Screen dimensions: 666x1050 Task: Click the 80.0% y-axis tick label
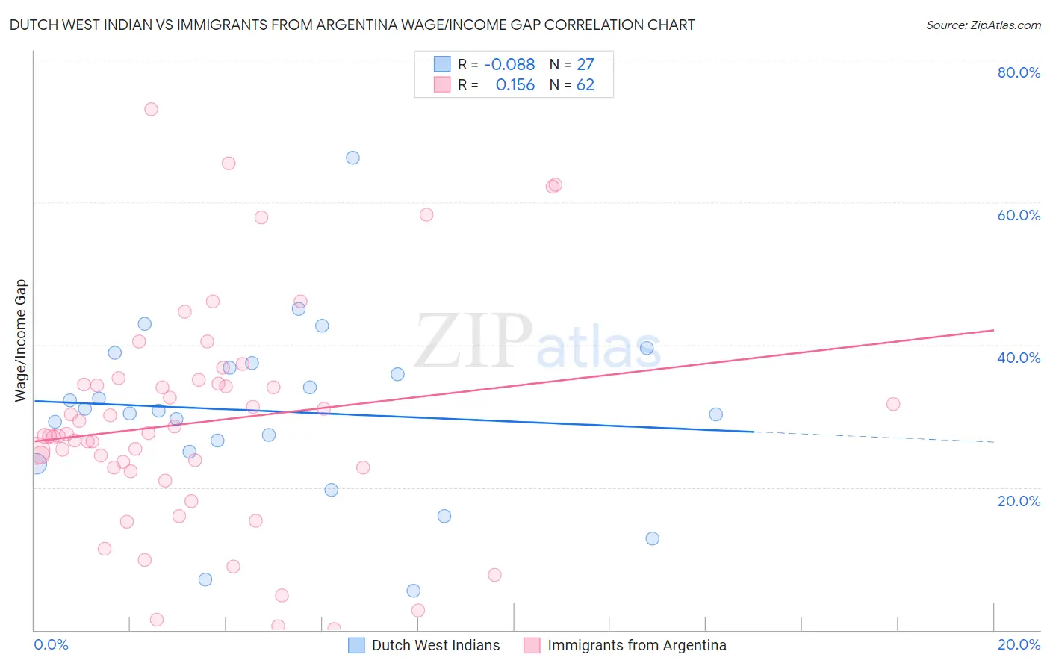[x=1019, y=72]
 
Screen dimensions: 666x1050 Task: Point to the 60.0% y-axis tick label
[x=1019, y=215]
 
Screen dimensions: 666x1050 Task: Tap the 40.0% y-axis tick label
[x=1019, y=358]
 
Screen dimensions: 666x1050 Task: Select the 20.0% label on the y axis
[x=1019, y=500]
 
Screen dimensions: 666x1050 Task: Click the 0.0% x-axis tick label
[x=51, y=644]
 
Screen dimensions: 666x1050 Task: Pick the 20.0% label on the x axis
[x=1019, y=644]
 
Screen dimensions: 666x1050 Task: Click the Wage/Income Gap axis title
[x=21, y=340]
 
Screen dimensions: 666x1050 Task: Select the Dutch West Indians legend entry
[x=435, y=645]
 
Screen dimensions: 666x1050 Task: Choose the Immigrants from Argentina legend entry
[x=636, y=645]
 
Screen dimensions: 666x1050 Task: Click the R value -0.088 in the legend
[x=509, y=65]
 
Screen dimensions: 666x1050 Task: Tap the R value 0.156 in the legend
[x=515, y=85]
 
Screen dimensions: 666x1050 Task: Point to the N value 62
[x=585, y=85]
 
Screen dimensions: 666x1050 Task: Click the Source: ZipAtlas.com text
[x=983, y=25]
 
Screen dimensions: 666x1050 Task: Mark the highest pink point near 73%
[x=151, y=109]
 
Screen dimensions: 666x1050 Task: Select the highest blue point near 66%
[x=352, y=158]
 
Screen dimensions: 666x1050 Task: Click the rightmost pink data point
[x=893, y=404]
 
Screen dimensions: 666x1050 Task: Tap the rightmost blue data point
[x=715, y=414]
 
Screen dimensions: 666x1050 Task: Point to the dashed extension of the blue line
[x=874, y=437]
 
